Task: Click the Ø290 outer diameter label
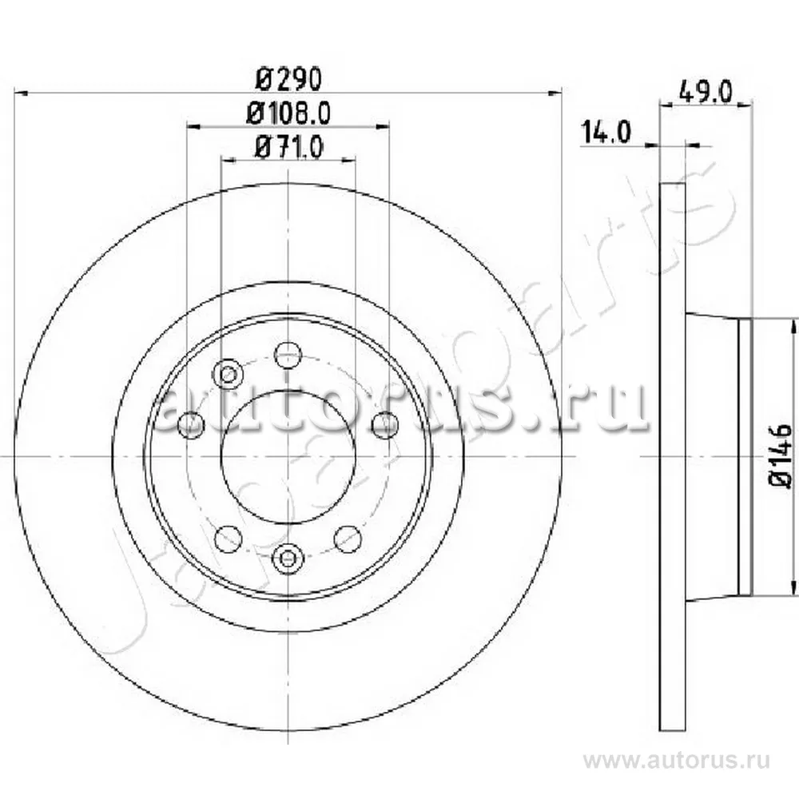(289, 79)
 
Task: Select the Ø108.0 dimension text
(288, 113)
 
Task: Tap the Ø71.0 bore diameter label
(289, 147)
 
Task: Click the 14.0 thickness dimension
(606, 132)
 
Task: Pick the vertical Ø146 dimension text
(781, 455)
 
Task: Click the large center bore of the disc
(288, 456)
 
